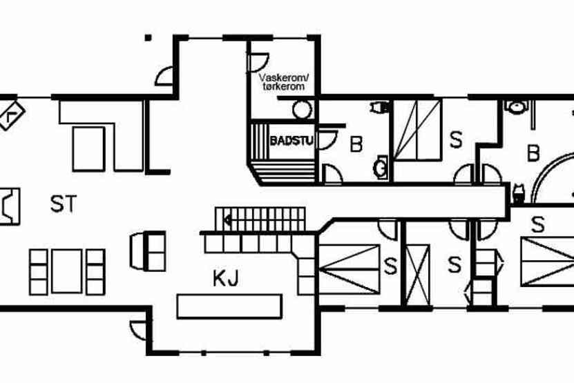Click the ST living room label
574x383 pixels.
pos(63,204)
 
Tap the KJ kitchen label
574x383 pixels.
pos(226,279)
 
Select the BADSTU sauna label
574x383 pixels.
pos(291,141)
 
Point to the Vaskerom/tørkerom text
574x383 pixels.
pos(285,83)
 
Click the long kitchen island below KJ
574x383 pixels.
pos(229,306)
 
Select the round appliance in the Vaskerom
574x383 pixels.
pos(302,110)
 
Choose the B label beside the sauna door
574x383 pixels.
pos(356,145)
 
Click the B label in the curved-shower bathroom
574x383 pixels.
pos(533,153)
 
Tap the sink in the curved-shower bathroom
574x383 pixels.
pos(515,107)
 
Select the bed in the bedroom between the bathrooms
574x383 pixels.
pos(417,130)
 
